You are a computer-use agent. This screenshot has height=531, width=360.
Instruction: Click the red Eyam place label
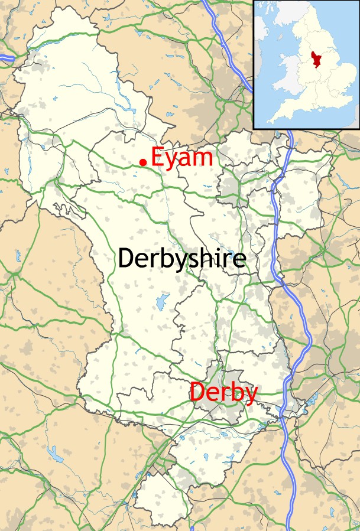click(181, 158)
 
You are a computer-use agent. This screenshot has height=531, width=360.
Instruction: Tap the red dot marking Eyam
click(142, 162)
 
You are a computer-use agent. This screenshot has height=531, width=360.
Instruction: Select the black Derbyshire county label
click(181, 259)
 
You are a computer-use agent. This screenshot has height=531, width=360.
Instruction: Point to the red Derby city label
click(223, 392)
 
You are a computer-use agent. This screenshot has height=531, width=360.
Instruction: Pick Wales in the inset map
click(288, 75)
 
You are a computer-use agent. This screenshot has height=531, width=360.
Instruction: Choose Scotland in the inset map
click(284, 12)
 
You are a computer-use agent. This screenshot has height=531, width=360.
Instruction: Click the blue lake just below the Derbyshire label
click(162, 302)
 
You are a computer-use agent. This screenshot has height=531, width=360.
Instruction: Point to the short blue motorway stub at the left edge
click(7, 58)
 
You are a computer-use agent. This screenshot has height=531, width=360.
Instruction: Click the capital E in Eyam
click(157, 158)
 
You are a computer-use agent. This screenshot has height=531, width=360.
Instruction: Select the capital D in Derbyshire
click(127, 259)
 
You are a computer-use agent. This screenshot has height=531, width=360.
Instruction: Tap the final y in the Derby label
click(251, 395)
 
